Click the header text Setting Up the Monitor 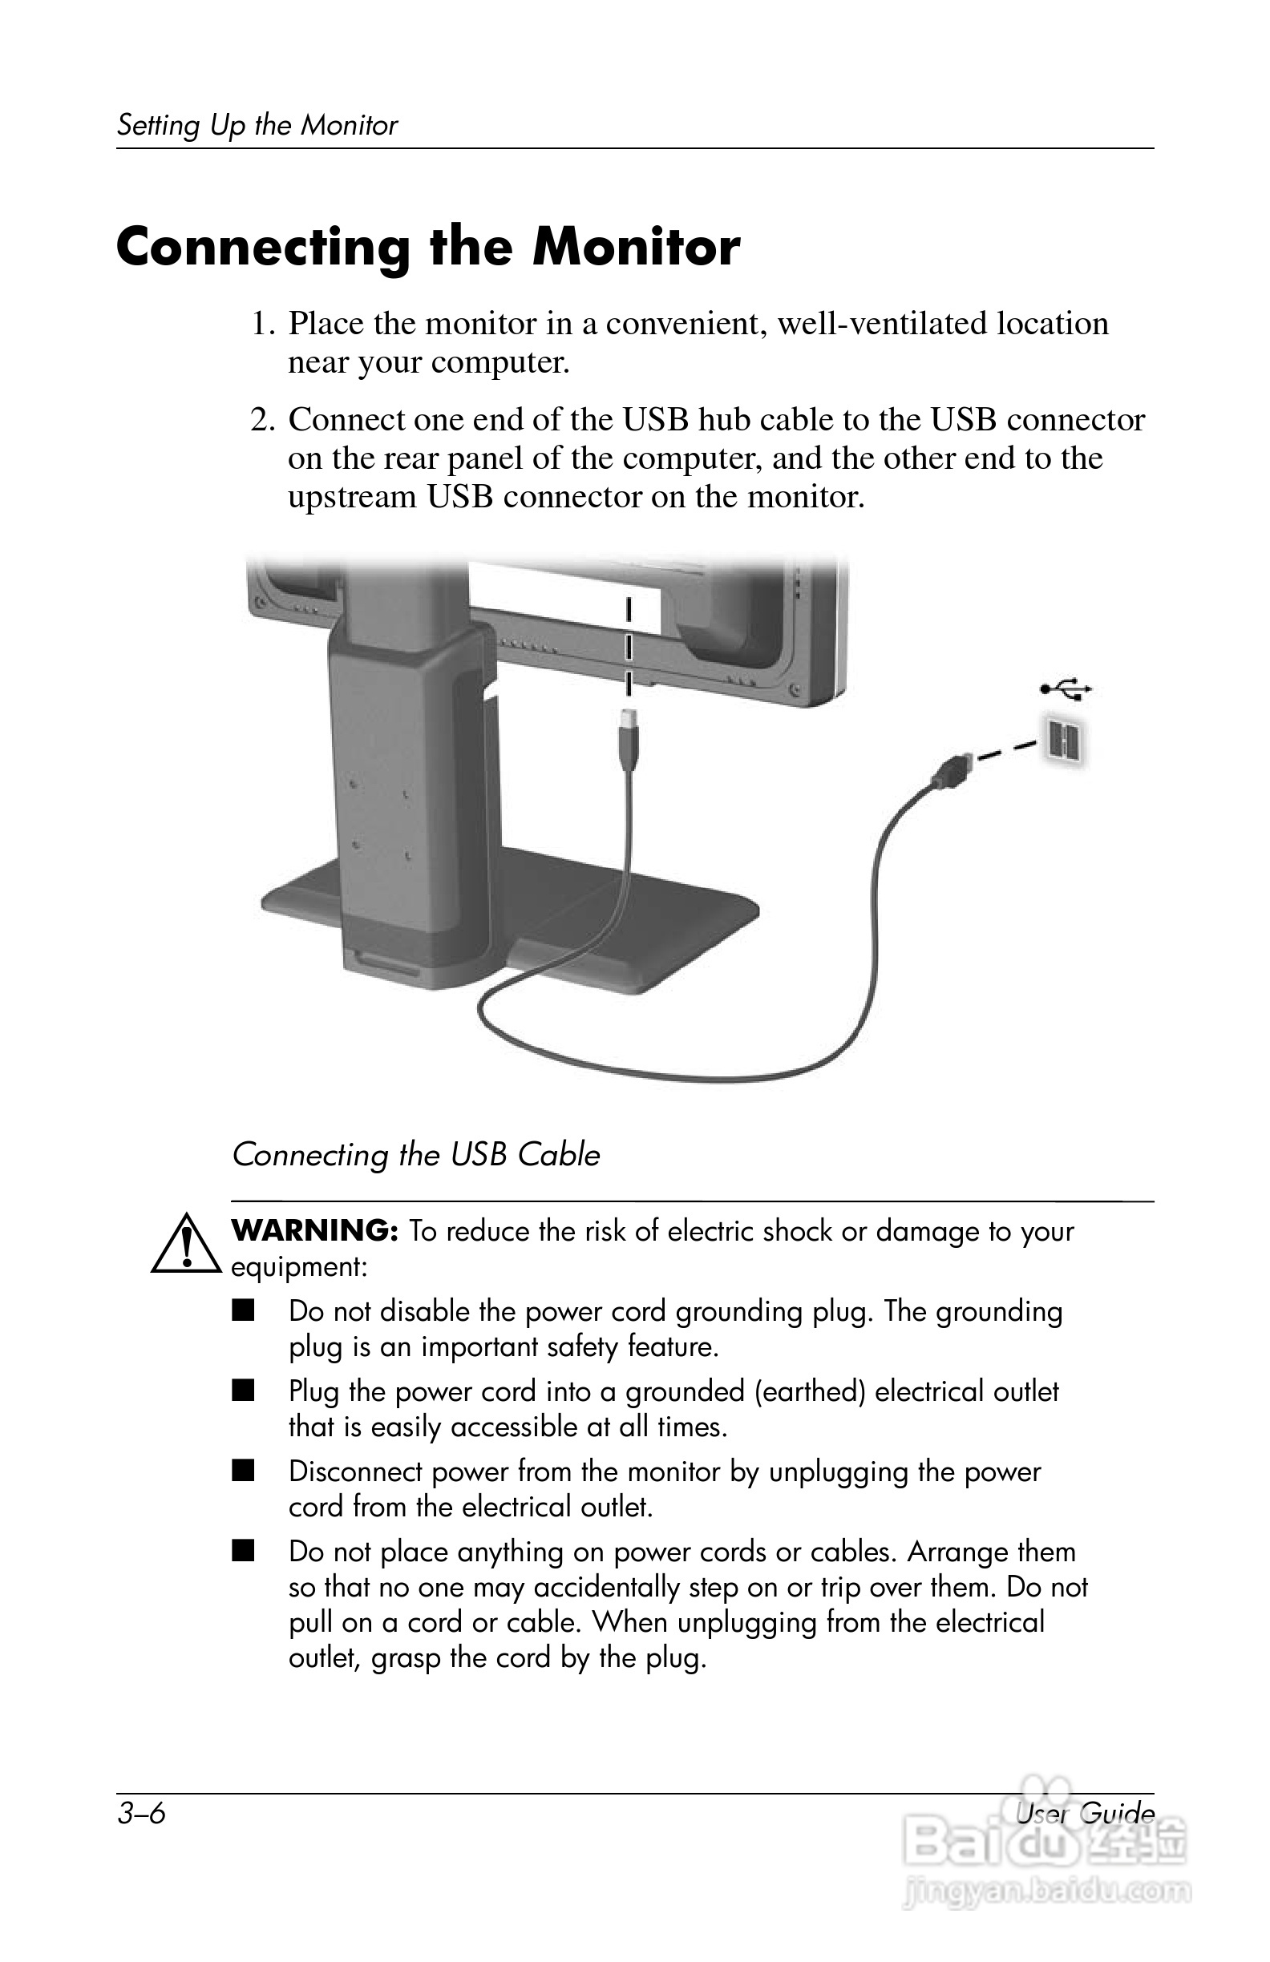tap(257, 125)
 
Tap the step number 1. tap(261, 324)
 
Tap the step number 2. tap(261, 421)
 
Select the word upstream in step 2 tap(351, 497)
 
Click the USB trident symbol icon tap(1066, 688)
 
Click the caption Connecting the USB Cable tap(415, 1155)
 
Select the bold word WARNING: tap(315, 1231)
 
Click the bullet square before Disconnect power tap(243, 1471)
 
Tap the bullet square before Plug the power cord tap(243, 1391)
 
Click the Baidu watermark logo tap(1045, 1862)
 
